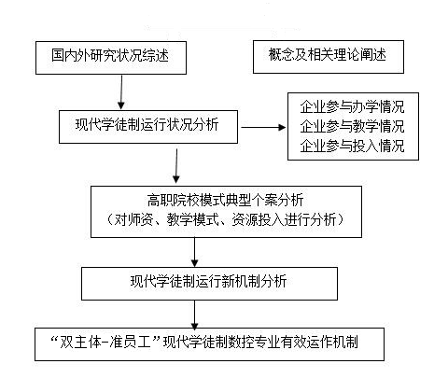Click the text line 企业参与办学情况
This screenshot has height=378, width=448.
352,106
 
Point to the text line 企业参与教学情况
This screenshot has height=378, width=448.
352,126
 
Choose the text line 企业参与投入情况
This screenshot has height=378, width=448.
352,146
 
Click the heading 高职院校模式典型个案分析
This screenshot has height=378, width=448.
225,200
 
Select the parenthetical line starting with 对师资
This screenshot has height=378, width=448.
225,219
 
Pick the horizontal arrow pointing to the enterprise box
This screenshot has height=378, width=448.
263,127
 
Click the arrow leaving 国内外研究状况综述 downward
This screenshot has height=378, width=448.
121,92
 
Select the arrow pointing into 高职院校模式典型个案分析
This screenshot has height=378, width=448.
176,166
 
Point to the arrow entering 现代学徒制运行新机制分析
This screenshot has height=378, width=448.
194,252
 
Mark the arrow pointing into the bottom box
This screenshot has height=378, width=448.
194,315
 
